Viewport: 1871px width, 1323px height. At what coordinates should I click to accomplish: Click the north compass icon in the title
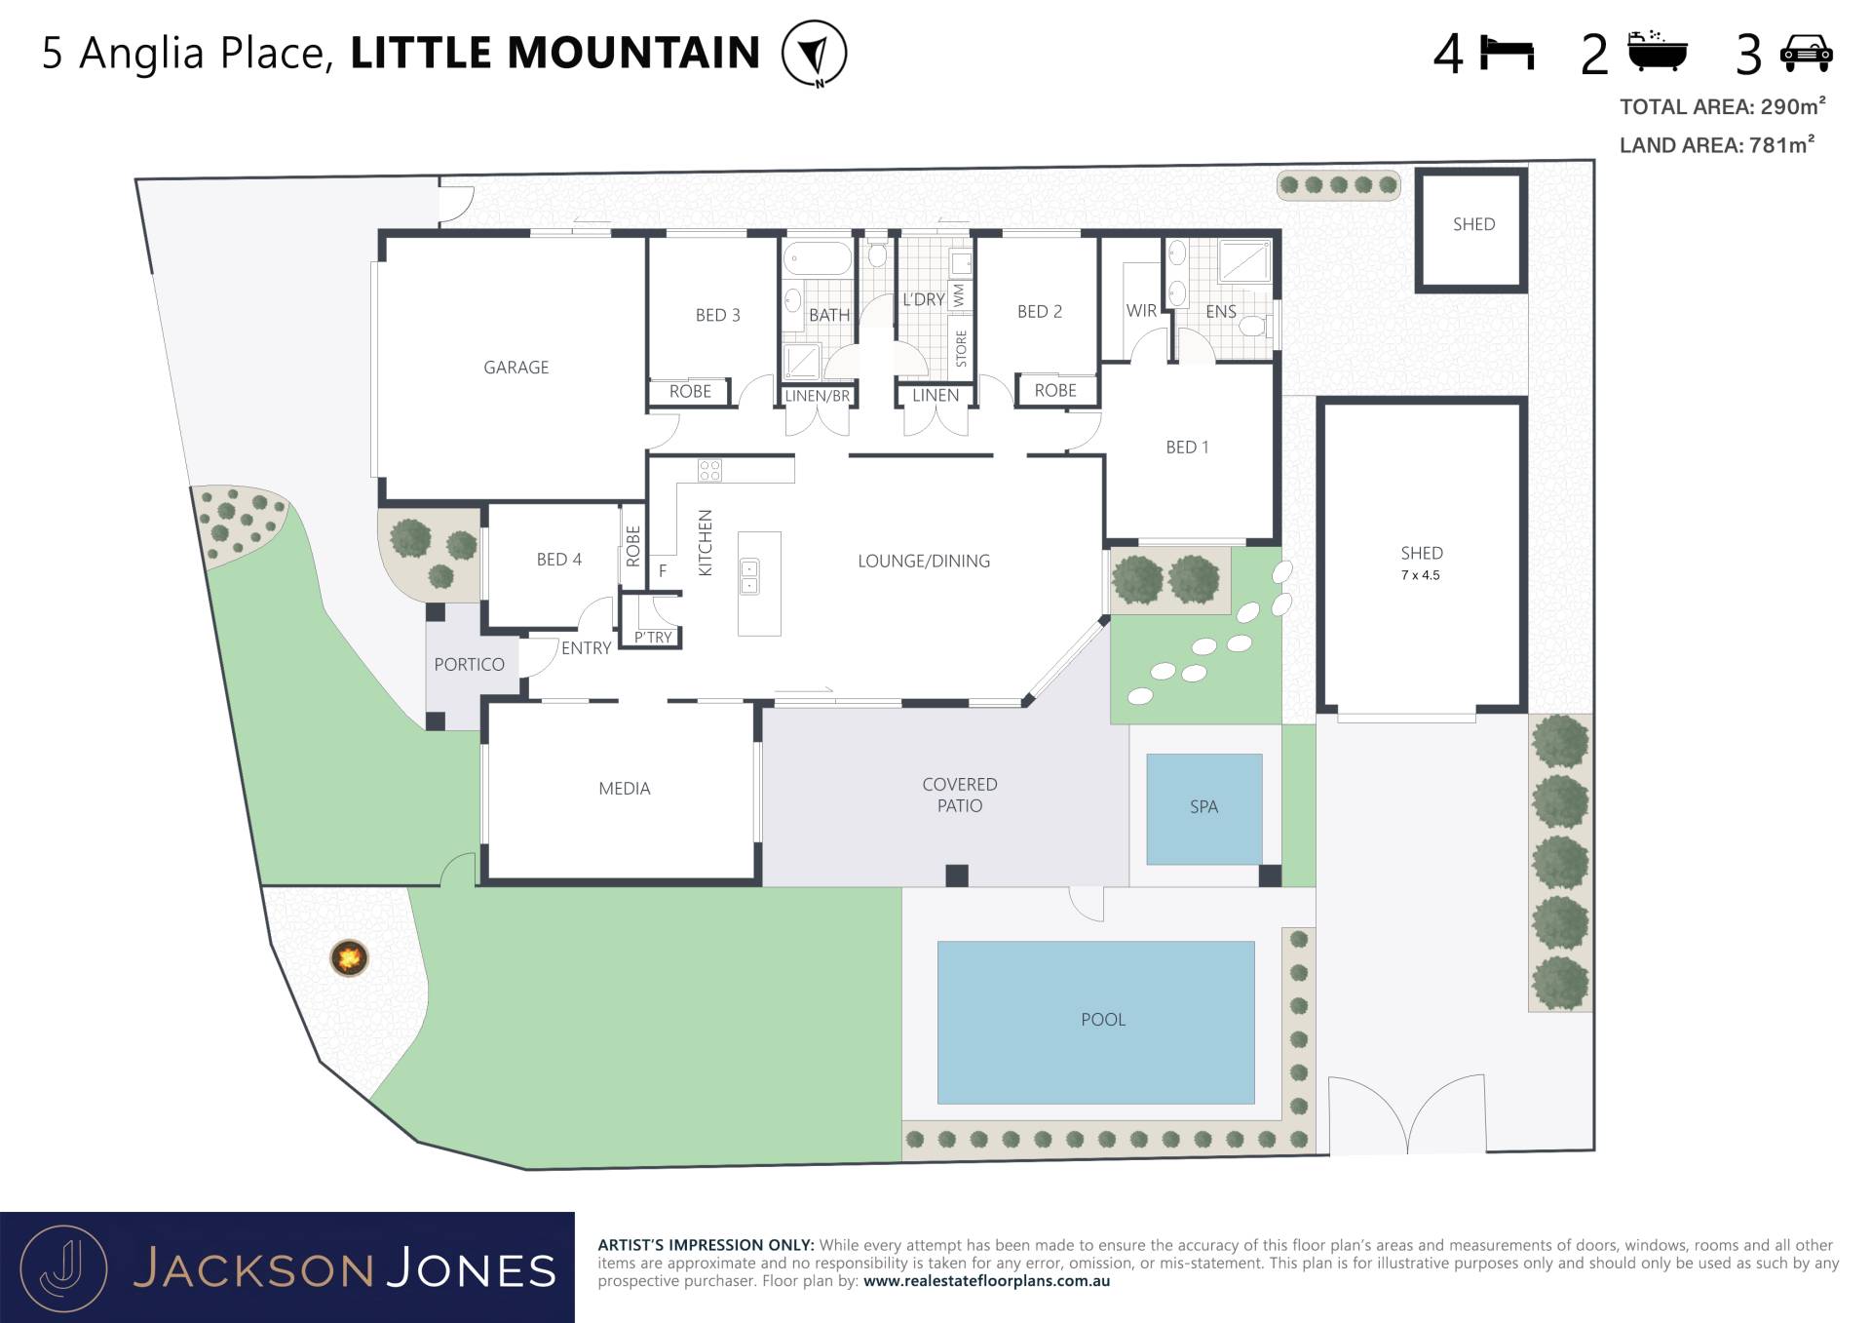[x=815, y=54]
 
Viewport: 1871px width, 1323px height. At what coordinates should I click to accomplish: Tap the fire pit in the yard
[x=349, y=957]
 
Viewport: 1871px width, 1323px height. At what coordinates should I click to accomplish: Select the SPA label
[x=1203, y=807]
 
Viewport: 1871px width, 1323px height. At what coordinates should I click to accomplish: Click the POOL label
[x=1103, y=1020]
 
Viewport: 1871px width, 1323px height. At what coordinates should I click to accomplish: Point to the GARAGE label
[x=516, y=368]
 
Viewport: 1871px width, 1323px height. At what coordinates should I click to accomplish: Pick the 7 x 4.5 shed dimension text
[x=1421, y=575]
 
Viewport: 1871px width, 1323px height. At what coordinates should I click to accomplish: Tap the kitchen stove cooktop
[x=709, y=471]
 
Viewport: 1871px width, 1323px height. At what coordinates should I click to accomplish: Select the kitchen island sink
[x=749, y=576]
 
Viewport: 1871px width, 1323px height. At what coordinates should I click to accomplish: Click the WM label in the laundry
[x=959, y=295]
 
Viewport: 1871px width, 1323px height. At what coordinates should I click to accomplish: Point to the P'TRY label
[x=653, y=638]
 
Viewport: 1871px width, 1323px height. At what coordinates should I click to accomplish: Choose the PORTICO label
[x=469, y=665]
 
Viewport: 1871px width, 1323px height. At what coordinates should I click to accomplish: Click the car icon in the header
[x=1807, y=53]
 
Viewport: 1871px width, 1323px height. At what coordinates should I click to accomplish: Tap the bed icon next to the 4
[x=1507, y=53]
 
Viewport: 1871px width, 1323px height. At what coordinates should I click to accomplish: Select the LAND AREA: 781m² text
[x=1717, y=145]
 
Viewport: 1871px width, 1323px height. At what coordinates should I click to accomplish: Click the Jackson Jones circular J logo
[x=64, y=1268]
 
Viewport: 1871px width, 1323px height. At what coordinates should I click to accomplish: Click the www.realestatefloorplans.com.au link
[x=986, y=1281]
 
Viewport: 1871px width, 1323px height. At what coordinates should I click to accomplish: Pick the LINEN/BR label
[x=818, y=397]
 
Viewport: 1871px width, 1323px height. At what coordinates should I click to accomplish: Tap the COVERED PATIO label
[x=960, y=796]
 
